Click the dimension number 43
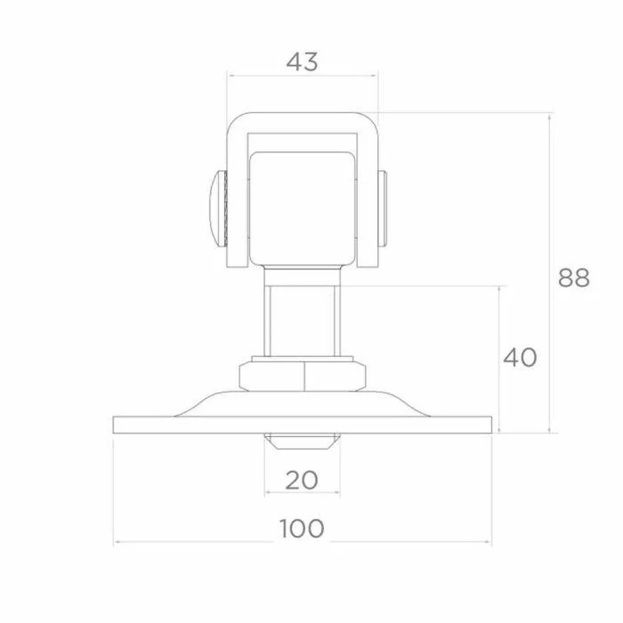pyautogui.click(x=302, y=62)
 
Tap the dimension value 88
pyautogui.click(x=574, y=278)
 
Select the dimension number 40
pyautogui.click(x=520, y=357)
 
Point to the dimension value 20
pyautogui.click(x=302, y=481)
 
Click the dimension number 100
pyautogui.click(x=302, y=529)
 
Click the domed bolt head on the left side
pyautogui.click(x=218, y=209)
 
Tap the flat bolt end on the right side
pyautogui.click(x=382, y=209)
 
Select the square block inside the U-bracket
pyautogui.click(x=302, y=209)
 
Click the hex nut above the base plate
pyautogui.click(x=303, y=376)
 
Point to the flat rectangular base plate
pyautogui.click(x=303, y=425)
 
